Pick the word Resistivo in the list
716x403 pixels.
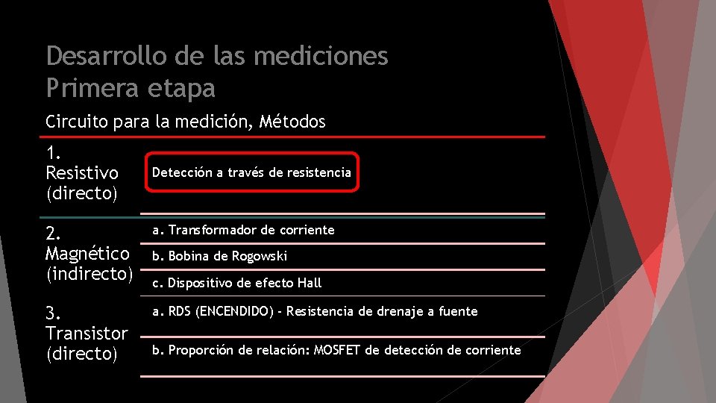click(82, 173)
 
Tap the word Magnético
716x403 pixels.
click(88, 253)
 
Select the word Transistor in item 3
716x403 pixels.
click(87, 333)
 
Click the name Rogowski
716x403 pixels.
click(260, 256)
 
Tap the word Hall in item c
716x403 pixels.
click(310, 283)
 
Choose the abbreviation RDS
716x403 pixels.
click(180, 311)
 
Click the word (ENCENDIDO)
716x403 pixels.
click(234, 311)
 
